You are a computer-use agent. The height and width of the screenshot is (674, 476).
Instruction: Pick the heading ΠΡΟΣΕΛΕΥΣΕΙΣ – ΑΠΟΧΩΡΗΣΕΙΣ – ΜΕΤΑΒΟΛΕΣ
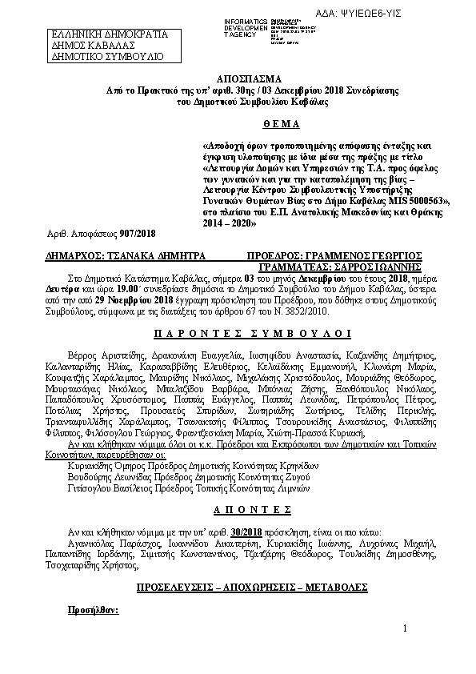coord(238,588)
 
